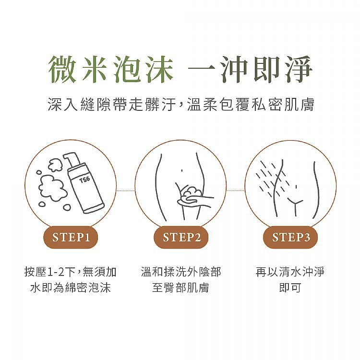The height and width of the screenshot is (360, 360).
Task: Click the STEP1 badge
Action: pos(71,237)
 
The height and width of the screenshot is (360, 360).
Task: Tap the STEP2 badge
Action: pos(181,237)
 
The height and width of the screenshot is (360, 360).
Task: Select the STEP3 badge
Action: pos(290,237)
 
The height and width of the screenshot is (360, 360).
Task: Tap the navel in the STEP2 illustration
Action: pos(181,170)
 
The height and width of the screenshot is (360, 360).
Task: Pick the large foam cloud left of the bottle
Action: pos(48,188)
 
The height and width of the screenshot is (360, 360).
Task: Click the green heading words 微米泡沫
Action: pos(110,69)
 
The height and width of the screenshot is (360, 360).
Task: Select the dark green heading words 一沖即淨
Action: pos(250,69)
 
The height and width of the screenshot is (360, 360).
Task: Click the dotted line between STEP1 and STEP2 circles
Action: pos(125,191)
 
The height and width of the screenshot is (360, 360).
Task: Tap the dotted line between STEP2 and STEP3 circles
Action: pos(235,191)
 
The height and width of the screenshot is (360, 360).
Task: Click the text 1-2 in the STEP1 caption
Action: pos(57,272)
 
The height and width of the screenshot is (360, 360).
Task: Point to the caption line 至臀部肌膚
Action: pos(180,287)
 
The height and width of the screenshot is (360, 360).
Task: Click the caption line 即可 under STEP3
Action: pos(290,287)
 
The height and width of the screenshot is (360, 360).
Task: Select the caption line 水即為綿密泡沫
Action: pos(71,287)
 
